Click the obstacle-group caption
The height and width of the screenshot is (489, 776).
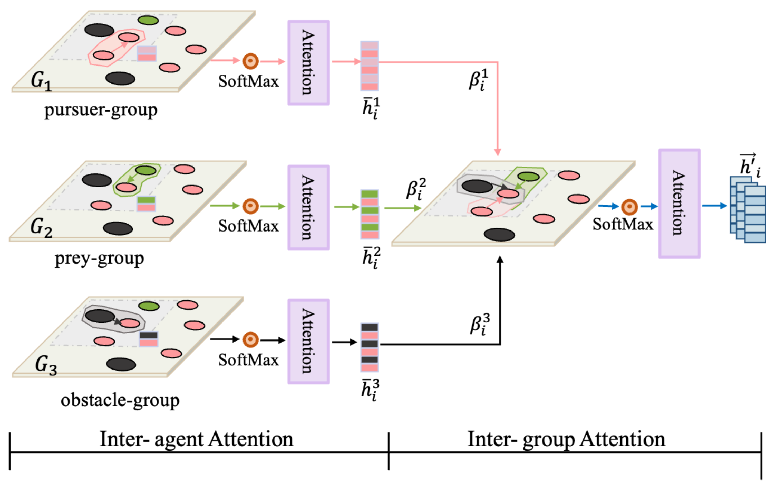(120, 401)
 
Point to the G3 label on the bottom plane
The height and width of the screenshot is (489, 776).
(45, 365)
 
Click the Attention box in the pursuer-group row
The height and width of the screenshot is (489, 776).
(308, 63)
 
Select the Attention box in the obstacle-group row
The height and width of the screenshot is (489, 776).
(308, 341)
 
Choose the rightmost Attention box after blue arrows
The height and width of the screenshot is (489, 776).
(679, 203)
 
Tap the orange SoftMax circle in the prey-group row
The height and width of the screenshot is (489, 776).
(250, 206)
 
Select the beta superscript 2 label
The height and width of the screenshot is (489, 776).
(416, 189)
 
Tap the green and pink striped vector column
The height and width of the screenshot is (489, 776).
(369, 214)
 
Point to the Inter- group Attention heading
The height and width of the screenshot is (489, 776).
(566, 440)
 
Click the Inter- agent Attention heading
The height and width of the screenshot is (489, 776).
(196, 440)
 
